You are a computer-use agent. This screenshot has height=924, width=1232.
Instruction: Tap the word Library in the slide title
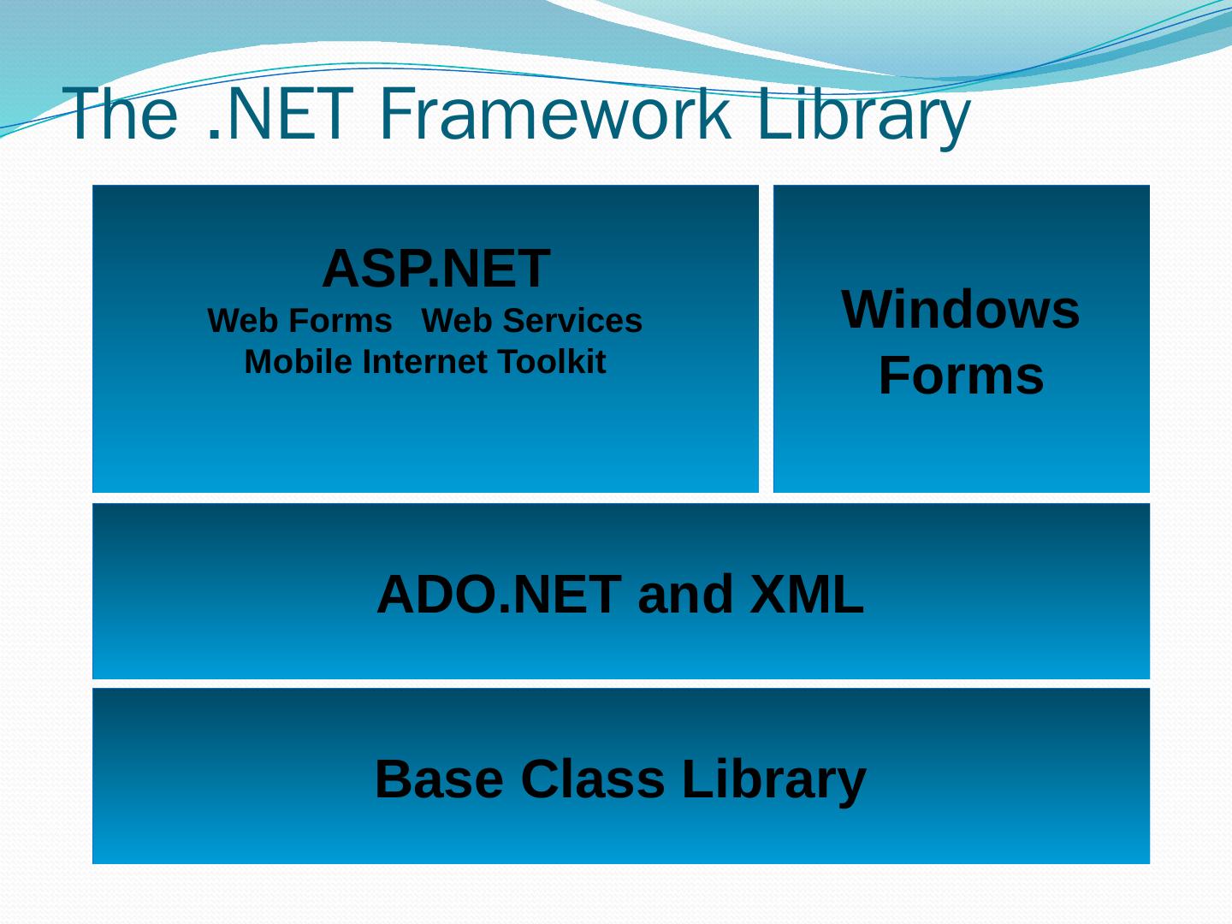click(863, 114)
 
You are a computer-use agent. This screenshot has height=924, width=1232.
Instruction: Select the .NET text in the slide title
click(281, 114)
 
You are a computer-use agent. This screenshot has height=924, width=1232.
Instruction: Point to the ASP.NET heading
click(435, 269)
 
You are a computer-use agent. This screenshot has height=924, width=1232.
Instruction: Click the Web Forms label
click(299, 321)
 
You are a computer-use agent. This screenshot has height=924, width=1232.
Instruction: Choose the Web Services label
click(531, 321)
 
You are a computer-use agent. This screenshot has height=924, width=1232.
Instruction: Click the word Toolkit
click(552, 362)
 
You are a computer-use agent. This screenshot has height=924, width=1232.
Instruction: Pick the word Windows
click(961, 309)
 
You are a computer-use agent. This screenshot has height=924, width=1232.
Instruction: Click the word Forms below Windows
click(961, 376)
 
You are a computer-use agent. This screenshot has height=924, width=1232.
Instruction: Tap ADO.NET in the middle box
click(498, 595)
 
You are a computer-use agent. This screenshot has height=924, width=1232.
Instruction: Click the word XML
click(807, 595)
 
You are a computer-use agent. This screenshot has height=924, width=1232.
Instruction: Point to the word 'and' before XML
click(685, 595)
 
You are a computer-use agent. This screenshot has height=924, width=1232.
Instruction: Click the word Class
click(591, 779)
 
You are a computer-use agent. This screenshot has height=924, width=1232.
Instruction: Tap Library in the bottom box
click(773, 779)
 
